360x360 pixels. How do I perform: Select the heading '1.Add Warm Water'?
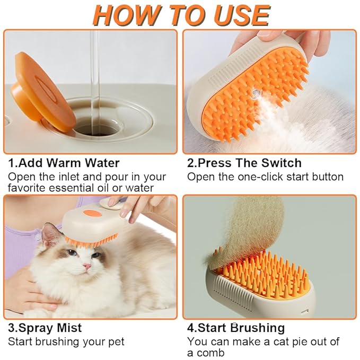tap(64, 163)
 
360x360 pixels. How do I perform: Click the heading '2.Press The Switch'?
tap(244, 163)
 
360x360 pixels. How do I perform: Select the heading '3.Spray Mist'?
tap(45, 328)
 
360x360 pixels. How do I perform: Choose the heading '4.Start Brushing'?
tap(236, 328)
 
